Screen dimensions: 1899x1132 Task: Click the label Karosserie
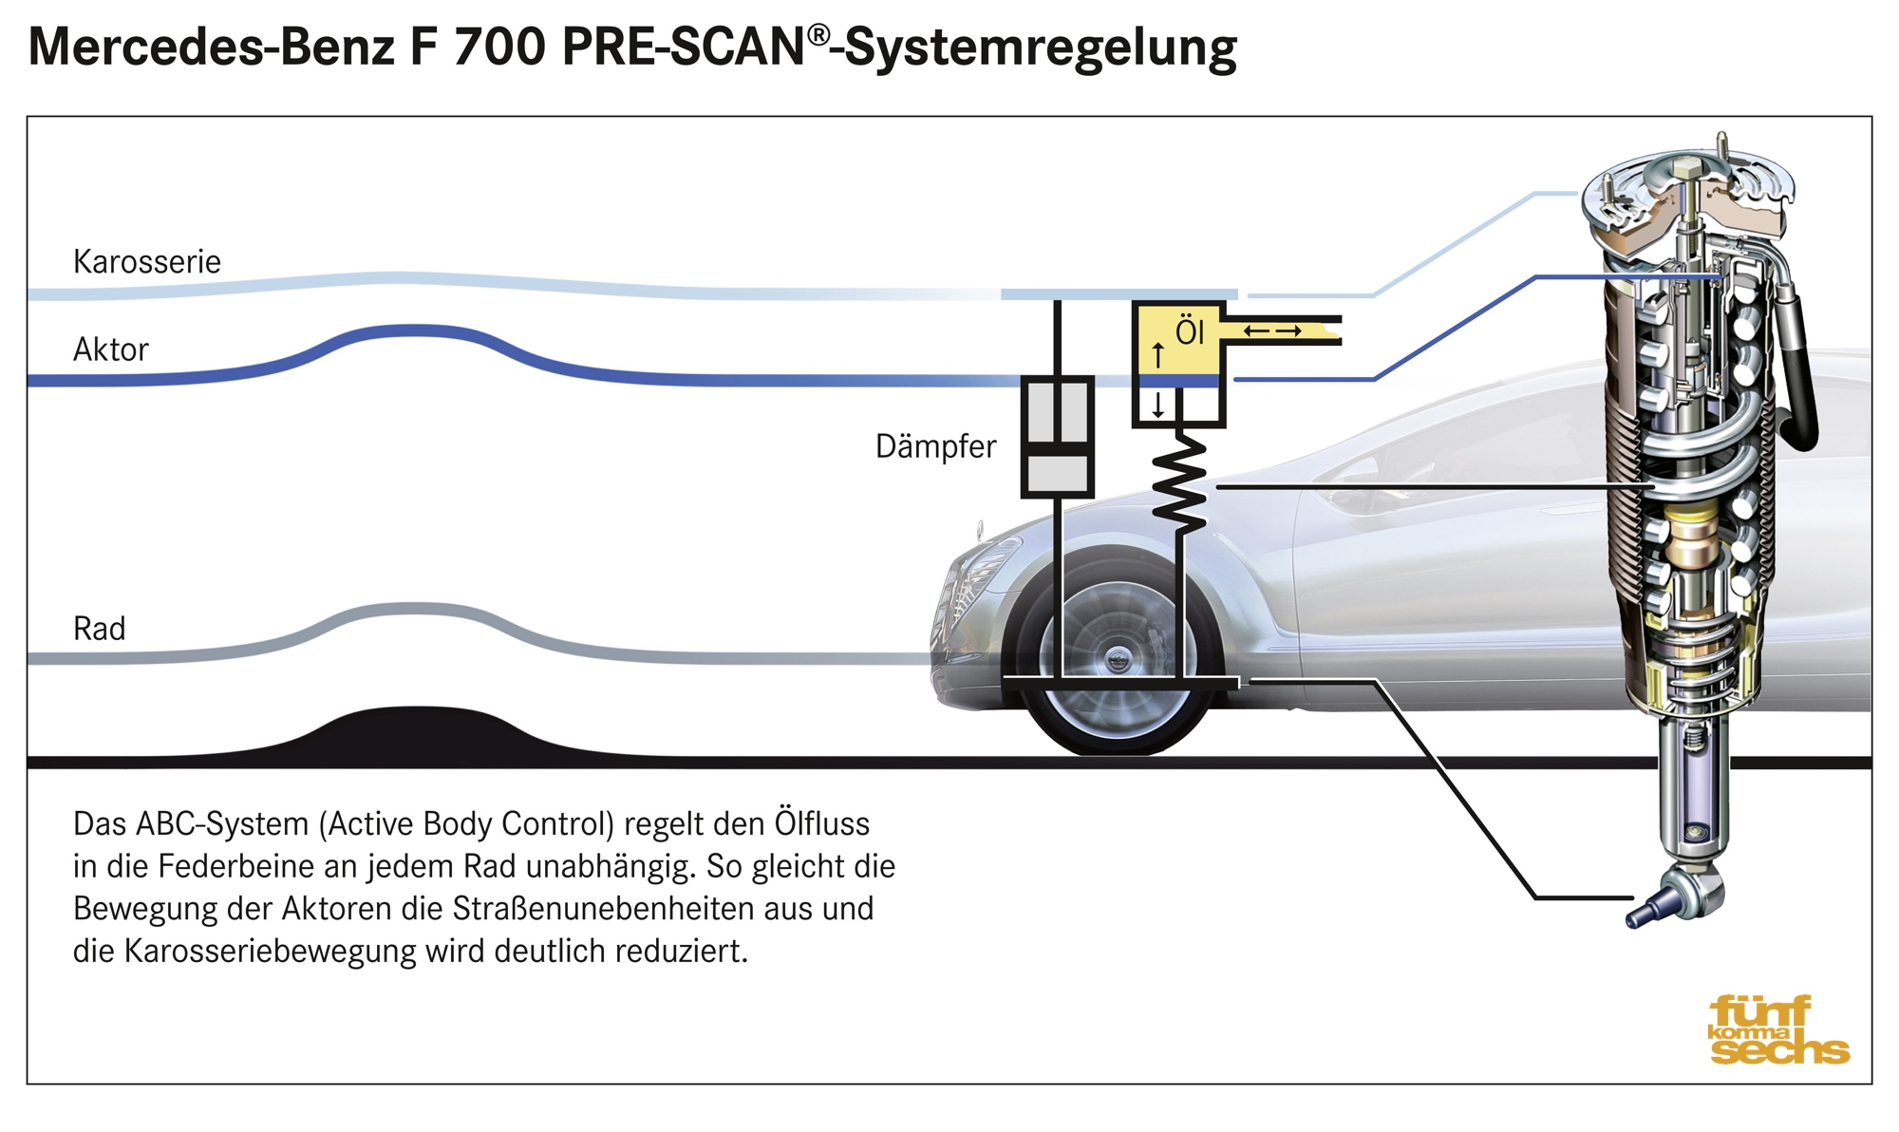tap(147, 261)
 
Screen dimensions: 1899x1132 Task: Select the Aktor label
tap(111, 349)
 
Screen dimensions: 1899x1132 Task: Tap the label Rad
tap(99, 628)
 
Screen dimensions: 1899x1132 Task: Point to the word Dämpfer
tap(935, 445)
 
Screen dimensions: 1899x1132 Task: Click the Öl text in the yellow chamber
tap(1190, 330)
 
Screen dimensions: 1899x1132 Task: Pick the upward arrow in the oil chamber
tap(1157, 355)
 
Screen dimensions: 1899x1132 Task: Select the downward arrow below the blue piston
tap(1157, 406)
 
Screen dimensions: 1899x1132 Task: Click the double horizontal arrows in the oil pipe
tap(1272, 330)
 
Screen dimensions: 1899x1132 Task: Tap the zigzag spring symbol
tap(1179, 480)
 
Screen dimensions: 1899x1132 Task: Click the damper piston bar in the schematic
tap(1057, 448)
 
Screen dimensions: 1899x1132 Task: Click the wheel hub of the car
tap(1118, 657)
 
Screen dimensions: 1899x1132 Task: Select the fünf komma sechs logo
tap(1778, 1029)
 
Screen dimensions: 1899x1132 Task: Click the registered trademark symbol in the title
tap(818, 35)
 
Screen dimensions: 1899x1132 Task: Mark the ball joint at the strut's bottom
tap(1681, 897)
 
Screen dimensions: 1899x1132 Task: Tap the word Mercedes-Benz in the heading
tap(212, 47)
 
